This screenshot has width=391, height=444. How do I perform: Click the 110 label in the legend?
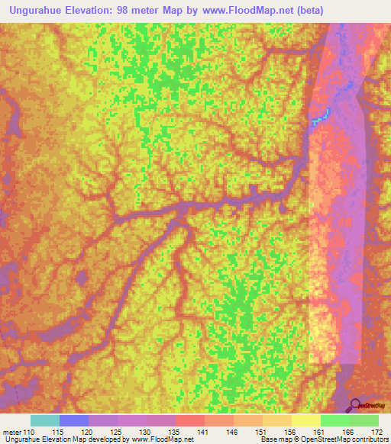29,432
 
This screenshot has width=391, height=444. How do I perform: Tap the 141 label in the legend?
205,432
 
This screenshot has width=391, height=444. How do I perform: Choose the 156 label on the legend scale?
291,432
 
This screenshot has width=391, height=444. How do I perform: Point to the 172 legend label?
377,432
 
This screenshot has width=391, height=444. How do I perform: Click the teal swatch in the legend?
45,420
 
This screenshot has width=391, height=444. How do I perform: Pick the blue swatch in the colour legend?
74,420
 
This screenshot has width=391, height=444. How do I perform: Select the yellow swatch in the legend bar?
305,420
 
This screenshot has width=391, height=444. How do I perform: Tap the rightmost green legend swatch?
364,420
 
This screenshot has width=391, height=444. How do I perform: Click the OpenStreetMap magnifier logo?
357,406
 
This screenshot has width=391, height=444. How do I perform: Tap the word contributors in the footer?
368,439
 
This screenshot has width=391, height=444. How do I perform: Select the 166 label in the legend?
349,432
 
